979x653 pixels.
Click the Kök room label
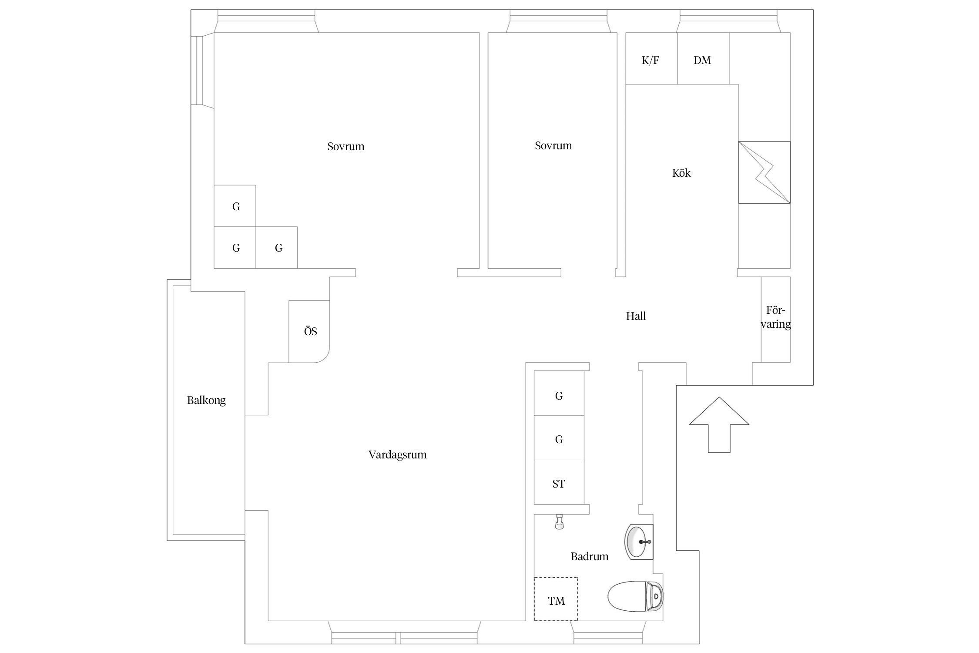pyautogui.click(x=681, y=173)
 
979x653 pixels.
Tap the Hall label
pyautogui.click(x=636, y=316)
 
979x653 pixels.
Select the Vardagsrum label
pyautogui.click(x=397, y=454)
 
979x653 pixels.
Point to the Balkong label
pyautogui.click(x=206, y=401)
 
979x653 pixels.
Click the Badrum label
pyautogui.click(x=590, y=556)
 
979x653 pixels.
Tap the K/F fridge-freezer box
pyautogui.click(x=651, y=58)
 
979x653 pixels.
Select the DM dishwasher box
pyautogui.click(x=703, y=58)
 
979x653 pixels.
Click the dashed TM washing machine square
pyautogui.click(x=556, y=599)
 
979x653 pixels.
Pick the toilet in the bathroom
pyautogui.click(x=635, y=596)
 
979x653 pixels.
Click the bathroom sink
pyautogui.click(x=639, y=542)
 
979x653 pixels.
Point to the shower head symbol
pyautogui.click(x=560, y=522)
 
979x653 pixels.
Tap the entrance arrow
pyautogui.click(x=719, y=424)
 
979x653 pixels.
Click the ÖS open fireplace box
pyautogui.click(x=309, y=331)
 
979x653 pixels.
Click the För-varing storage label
pyautogui.click(x=775, y=317)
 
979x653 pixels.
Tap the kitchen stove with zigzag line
pyautogui.click(x=764, y=172)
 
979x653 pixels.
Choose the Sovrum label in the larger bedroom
pyautogui.click(x=346, y=146)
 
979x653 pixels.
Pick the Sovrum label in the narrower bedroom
pyautogui.click(x=553, y=145)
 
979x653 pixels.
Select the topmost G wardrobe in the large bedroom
pyautogui.click(x=235, y=206)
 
